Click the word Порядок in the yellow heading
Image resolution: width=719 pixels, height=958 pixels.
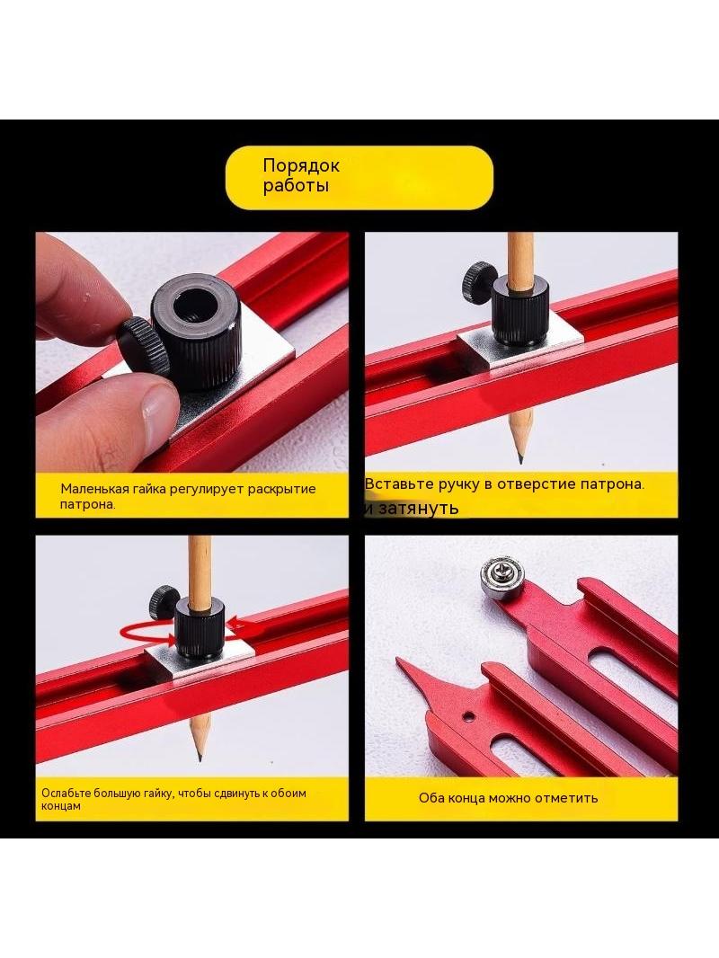click(301, 165)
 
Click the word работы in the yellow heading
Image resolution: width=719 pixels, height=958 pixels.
click(296, 186)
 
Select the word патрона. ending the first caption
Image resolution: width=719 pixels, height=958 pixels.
click(87, 505)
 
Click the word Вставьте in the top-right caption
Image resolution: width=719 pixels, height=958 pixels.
click(399, 483)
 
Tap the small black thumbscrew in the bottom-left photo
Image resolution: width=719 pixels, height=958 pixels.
click(163, 602)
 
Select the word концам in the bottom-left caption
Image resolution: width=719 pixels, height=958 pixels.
click(61, 806)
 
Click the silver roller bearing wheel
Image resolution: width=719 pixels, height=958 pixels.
click(502, 577)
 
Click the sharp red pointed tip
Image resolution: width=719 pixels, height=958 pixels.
click(398, 661)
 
